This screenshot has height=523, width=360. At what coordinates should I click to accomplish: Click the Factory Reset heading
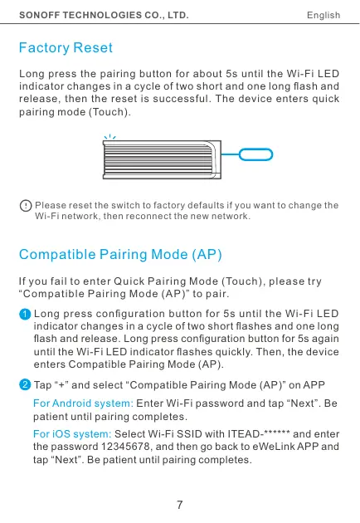tap(65, 49)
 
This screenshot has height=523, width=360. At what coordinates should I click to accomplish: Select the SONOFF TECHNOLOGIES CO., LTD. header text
tap(103, 15)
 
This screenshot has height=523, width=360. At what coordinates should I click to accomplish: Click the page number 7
tap(180, 504)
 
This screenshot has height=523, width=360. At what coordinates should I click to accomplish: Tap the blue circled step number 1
tap(24, 315)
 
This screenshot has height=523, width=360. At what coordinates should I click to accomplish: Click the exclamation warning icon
tap(27, 205)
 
